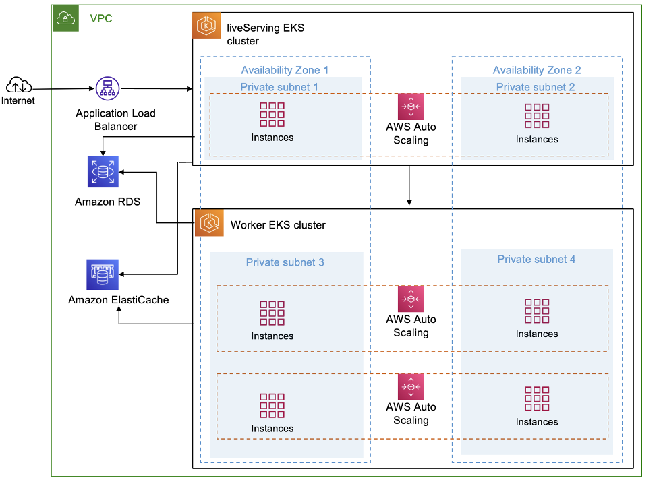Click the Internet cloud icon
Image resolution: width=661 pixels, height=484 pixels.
point(19,86)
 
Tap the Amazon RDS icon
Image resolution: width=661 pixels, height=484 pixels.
point(103,171)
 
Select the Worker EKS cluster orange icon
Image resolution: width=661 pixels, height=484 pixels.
point(209,222)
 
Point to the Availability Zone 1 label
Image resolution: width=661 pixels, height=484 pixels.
point(285,70)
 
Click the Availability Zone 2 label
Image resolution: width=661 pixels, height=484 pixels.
point(537,70)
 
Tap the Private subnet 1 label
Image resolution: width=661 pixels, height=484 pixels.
point(279,87)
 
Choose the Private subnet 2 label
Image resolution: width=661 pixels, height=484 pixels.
point(536,87)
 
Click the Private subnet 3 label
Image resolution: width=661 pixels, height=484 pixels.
point(285,262)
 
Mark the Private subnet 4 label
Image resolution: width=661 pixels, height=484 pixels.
point(536,259)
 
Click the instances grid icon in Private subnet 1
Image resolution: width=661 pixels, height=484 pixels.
point(272,115)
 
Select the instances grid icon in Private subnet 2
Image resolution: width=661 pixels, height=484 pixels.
point(537,116)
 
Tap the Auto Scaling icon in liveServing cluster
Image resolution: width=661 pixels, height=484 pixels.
point(411,107)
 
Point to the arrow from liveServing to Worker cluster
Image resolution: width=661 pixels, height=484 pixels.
point(409,185)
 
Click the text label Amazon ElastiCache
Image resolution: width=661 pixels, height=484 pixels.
point(118,299)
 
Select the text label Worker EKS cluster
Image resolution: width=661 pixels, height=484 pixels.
point(278,224)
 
